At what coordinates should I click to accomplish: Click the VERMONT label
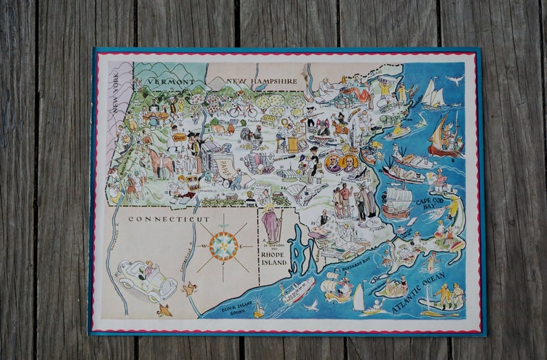pyautogui.click(x=170, y=81)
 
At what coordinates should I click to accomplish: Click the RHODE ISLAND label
pyautogui.click(x=273, y=257)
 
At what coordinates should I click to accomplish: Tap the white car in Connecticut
pyautogui.click(x=145, y=278)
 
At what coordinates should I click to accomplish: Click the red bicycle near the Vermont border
pyautogui.click(x=242, y=109)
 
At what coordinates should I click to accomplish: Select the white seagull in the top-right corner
pyautogui.click(x=455, y=81)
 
